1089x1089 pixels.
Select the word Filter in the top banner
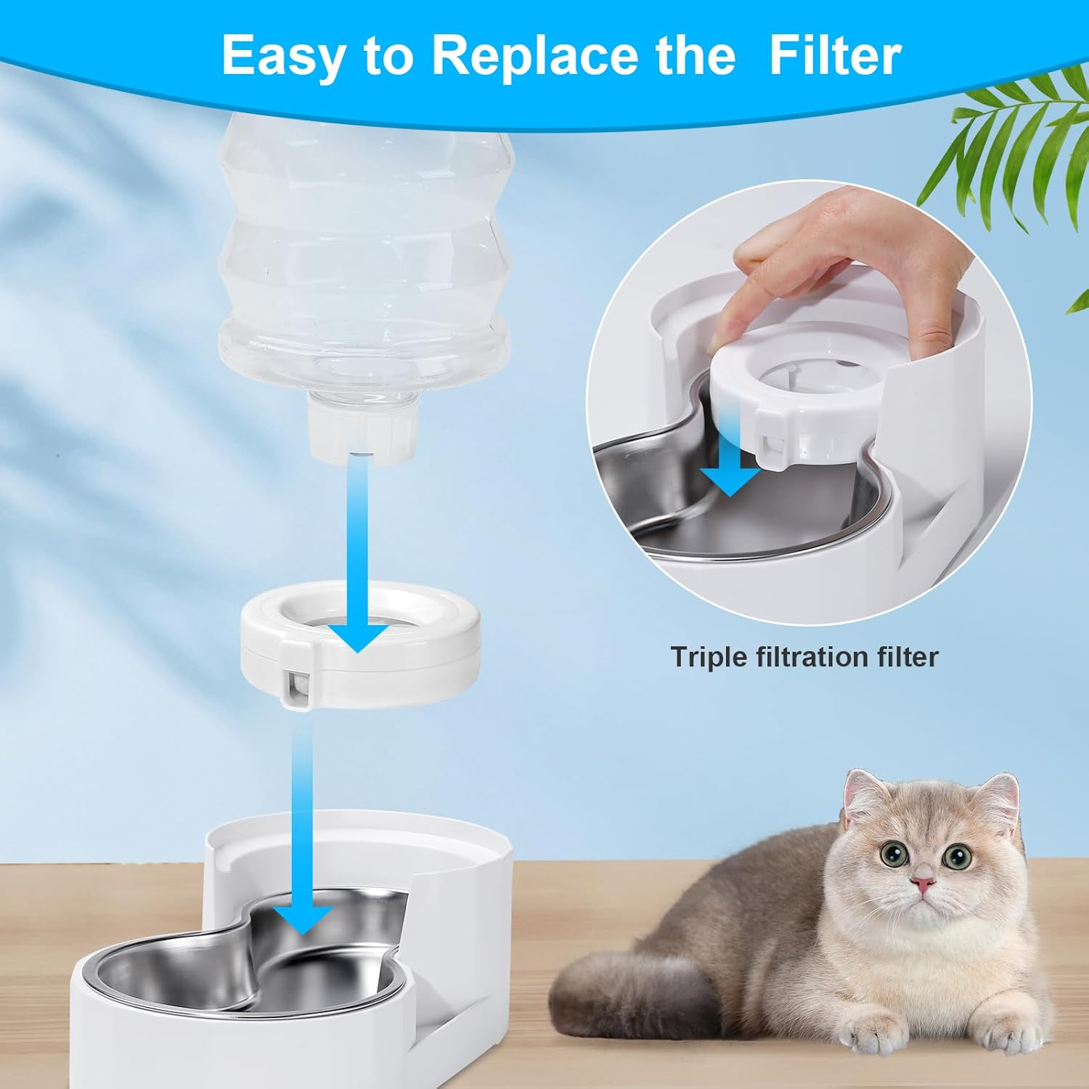835,55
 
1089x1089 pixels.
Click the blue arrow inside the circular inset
730,479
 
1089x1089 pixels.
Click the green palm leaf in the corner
1002,138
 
